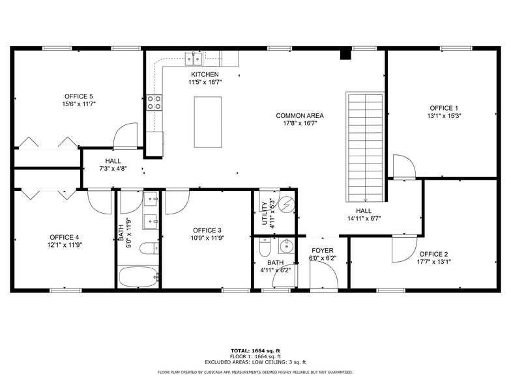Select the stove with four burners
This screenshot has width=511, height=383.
tap(154, 102)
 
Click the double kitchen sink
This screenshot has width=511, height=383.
tap(194, 60)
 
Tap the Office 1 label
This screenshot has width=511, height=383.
tap(443, 108)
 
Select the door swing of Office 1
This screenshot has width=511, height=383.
tap(402, 166)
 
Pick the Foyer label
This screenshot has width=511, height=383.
tap(322, 251)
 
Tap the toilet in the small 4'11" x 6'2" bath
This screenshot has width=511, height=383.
tap(264, 247)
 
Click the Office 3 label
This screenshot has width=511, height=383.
tap(207, 231)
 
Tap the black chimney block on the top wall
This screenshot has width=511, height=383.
tap(346, 55)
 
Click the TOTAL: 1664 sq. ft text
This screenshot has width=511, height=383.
tap(255, 350)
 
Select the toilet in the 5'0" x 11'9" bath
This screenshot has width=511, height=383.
tap(149, 248)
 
